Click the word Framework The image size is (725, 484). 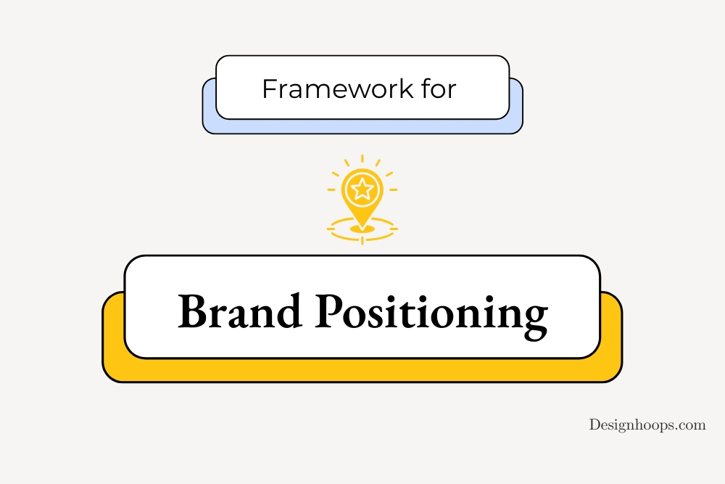(338, 89)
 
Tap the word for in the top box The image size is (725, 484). (439, 89)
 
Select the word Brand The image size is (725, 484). (239, 311)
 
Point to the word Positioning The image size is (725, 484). (431, 316)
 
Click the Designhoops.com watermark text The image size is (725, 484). (647, 424)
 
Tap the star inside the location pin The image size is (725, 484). (362, 189)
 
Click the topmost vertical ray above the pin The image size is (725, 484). (362, 159)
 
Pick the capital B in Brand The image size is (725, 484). (194, 311)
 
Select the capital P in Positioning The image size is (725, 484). (332, 311)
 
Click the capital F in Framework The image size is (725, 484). (270, 89)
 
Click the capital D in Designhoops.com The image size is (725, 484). (595, 424)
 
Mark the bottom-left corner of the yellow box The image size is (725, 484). (103, 382)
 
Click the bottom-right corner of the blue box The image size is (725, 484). (523, 134)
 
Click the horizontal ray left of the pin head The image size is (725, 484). (331, 189)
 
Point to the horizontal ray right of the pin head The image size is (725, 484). (394, 189)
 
